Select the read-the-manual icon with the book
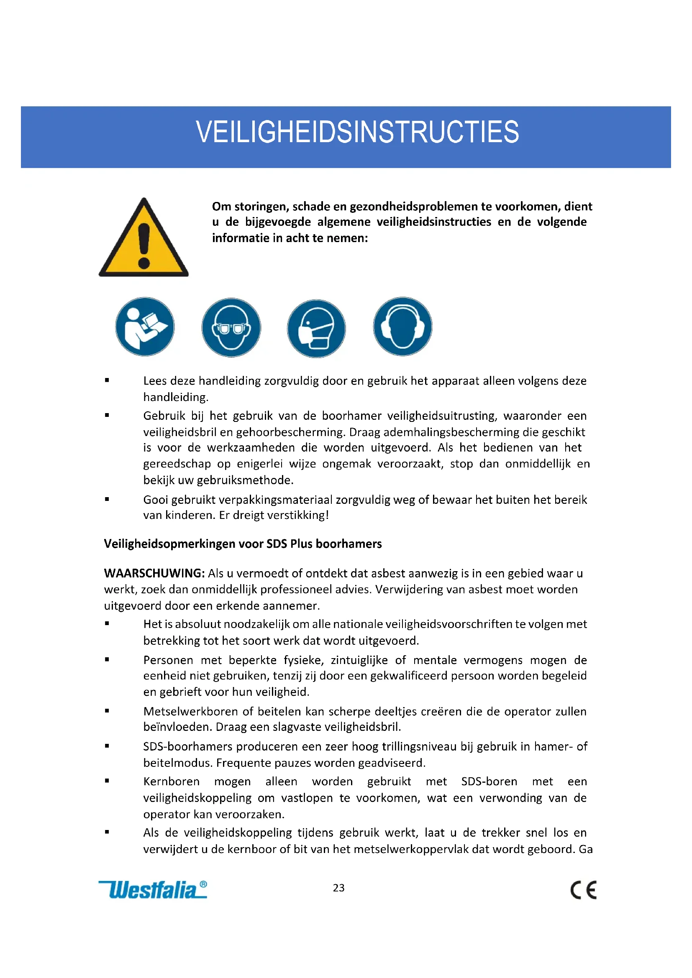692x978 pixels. [145, 327]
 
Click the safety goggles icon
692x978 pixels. [231, 327]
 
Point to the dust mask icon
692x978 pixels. [316, 328]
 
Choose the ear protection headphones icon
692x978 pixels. [402, 326]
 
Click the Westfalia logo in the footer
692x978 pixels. [153, 890]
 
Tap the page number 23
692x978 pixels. [339, 888]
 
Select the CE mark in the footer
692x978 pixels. [583, 890]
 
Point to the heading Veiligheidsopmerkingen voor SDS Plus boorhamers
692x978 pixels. [243, 544]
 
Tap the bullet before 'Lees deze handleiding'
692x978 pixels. [107, 380]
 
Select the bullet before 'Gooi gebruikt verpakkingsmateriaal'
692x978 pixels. [107, 499]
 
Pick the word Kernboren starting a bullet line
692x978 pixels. [171, 781]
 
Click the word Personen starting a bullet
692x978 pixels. [168, 660]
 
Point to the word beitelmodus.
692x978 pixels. [178, 763]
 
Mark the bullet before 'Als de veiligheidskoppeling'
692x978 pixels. [107, 832]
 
